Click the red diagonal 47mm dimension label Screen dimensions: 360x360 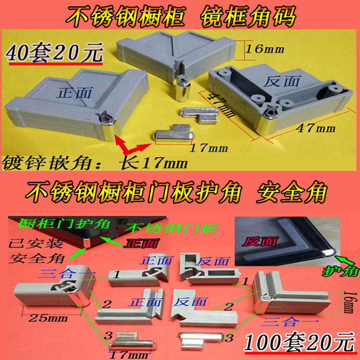220,104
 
